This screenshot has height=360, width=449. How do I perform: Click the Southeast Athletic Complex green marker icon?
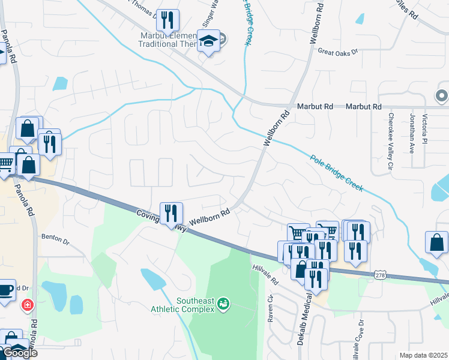tap(223, 304)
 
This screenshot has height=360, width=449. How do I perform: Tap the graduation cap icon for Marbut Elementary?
tap(208, 41)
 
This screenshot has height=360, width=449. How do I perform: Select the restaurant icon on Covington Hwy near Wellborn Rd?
tap(171, 213)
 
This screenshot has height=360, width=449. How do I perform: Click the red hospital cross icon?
tap(27, 306)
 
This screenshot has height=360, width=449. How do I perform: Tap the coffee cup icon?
tap(6, 290)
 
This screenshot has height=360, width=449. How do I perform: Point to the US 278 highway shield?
tap(379, 275)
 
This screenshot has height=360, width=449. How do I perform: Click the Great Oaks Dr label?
tap(337, 52)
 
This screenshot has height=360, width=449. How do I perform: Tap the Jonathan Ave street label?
tap(412, 133)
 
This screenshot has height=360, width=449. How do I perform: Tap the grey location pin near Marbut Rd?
tap(442, 95)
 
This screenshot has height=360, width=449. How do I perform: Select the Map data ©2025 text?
tap(423, 355)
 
